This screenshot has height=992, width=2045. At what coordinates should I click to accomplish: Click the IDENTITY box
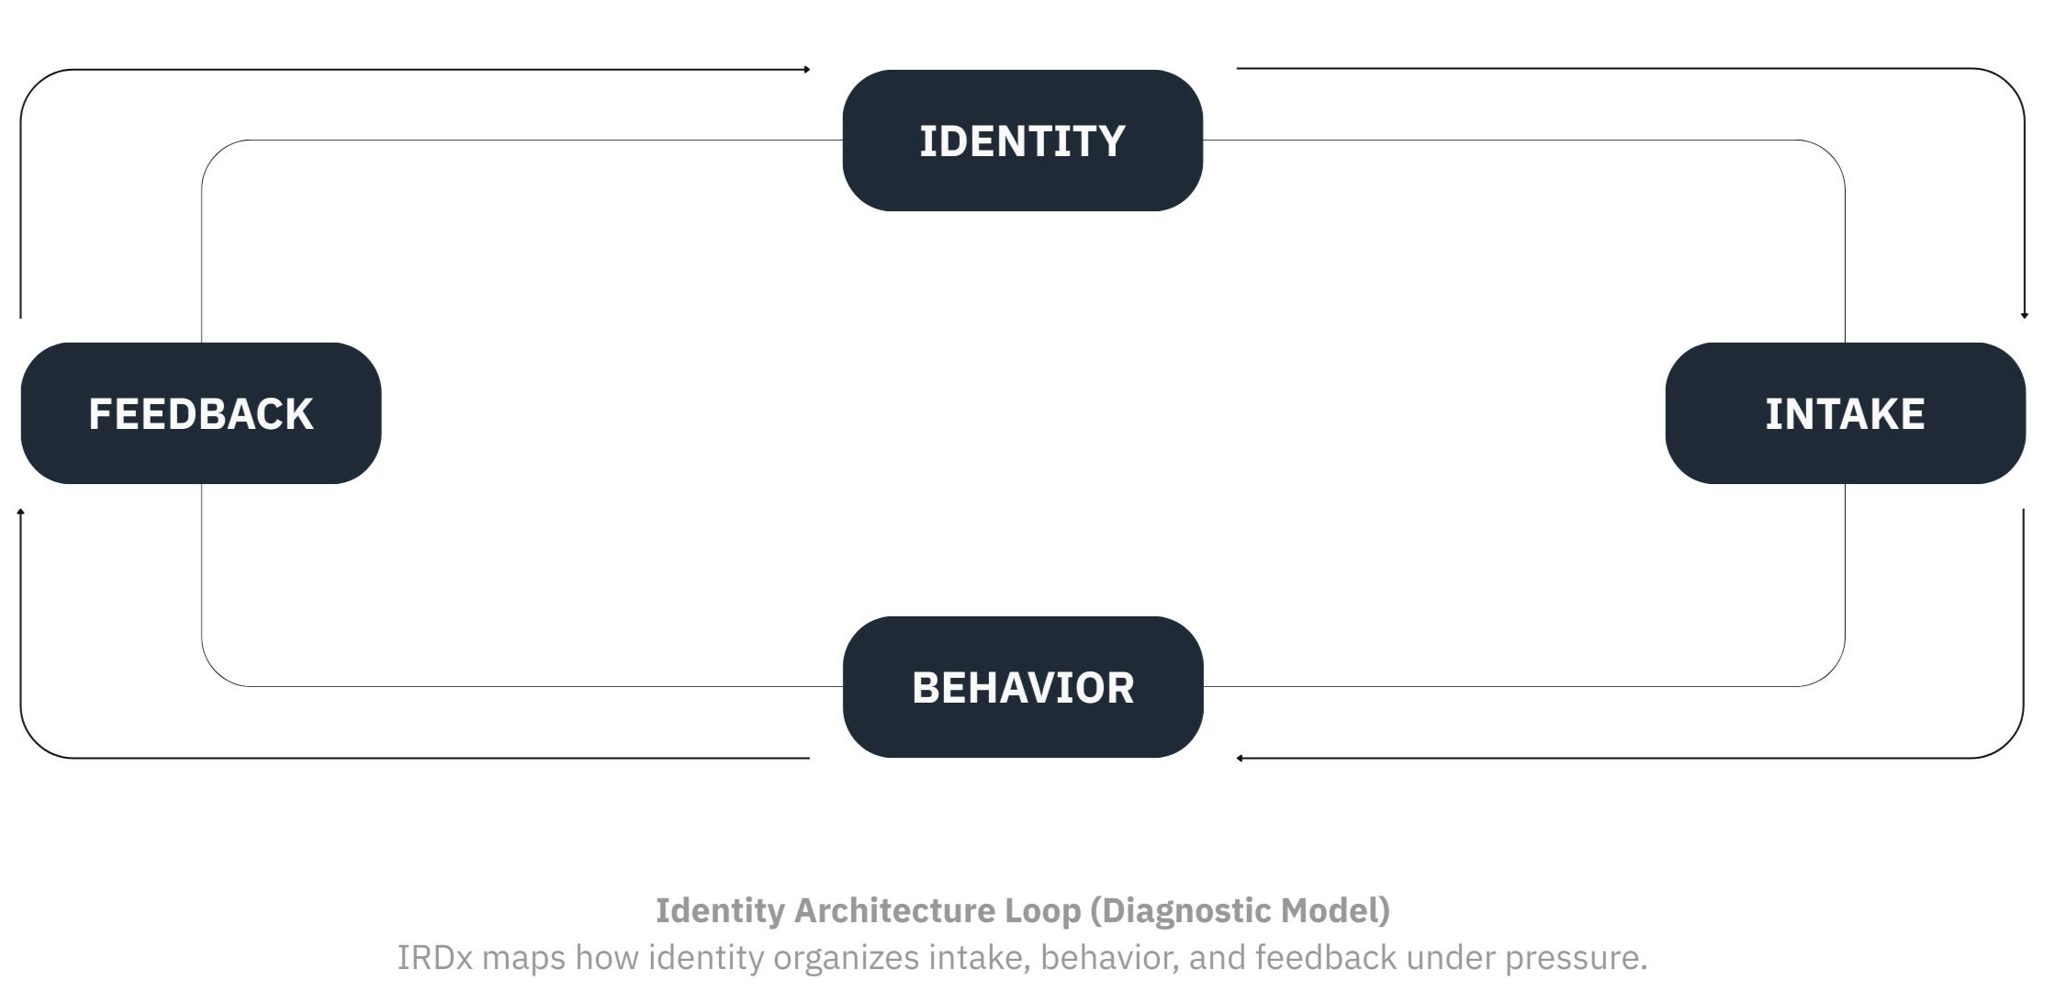tap(1022, 141)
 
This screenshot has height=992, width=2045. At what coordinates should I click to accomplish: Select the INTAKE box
tap(1845, 413)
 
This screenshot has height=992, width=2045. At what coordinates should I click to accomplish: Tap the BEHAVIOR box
tap(1022, 687)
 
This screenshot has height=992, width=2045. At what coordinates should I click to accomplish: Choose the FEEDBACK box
tap(200, 413)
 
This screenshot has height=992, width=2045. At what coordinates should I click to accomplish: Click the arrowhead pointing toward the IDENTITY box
tap(806, 69)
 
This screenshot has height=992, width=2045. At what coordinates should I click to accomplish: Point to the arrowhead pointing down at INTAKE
tap(2024, 315)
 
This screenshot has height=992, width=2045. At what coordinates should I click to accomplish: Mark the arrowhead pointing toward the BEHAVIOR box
tap(1240, 758)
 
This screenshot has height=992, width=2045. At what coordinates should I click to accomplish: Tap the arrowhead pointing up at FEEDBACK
tap(20, 512)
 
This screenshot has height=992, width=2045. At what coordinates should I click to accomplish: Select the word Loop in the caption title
tap(1042, 910)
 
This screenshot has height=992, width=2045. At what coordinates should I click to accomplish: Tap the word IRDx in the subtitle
tap(434, 957)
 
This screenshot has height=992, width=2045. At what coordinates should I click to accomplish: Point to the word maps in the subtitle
tap(523, 957)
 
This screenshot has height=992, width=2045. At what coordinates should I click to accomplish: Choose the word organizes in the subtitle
tap(846, 957)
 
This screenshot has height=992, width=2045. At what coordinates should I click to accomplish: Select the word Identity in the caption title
tap(720, 910)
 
